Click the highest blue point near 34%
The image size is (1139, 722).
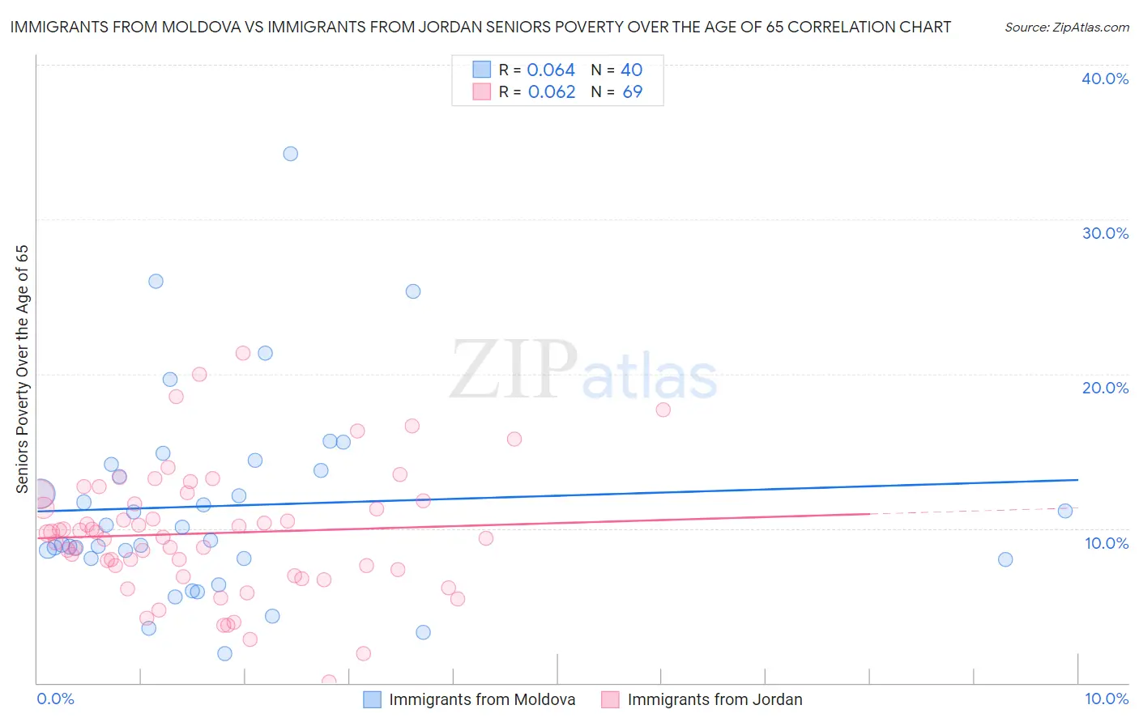tap(290, 154)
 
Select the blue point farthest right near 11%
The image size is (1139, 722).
tap(1065, 511)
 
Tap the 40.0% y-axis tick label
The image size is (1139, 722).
tap(1105, 79)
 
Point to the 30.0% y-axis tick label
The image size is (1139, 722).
tap(1105, 233)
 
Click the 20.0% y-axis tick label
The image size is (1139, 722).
tap(1105, 388)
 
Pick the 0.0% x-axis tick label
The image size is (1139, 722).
tap(55, 699)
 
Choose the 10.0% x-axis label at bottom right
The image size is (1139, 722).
tap(1106, 699)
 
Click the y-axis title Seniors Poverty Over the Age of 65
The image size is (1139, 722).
tap(22, 369)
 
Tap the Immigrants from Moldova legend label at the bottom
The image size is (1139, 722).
tap(482, 699)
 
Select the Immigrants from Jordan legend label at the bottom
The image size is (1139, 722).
tap(715, 699)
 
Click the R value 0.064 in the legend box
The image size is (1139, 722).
tap(551, 70)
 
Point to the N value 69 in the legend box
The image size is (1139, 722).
tap(632, 92)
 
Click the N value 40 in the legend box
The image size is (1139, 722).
tap(631, 70)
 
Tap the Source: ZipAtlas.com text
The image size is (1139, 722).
tap(1066, 28)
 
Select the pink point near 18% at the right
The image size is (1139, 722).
tap(663, 410)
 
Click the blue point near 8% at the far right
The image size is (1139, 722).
tap(1005, 559)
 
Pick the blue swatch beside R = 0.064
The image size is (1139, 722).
tap(482, 70)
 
